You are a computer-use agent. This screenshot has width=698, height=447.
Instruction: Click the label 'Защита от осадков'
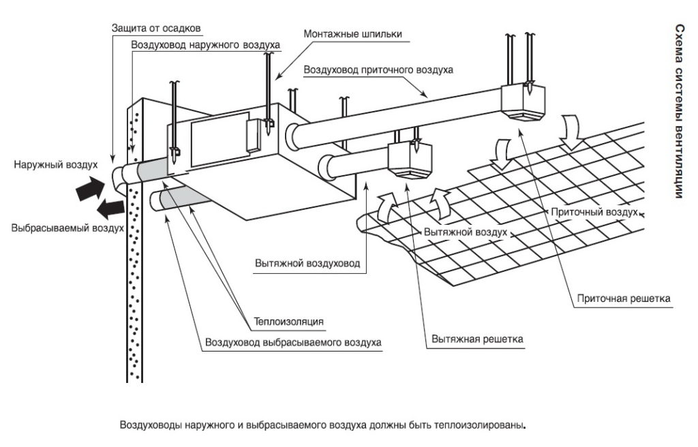pos(156,29)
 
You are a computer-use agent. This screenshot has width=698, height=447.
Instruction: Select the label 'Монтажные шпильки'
pos(352,34)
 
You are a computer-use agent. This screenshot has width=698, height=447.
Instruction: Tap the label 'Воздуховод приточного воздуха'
pos(378,70)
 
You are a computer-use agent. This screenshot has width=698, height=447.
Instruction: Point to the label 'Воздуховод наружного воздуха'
pos(206,46)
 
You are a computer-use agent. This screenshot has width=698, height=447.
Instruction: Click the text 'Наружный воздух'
pos(56,165)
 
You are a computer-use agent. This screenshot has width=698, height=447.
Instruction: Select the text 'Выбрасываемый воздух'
pos(67,228)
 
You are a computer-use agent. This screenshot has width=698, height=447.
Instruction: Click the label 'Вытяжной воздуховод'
pos(307,263)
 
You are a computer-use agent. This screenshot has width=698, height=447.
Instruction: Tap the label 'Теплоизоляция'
pos(288,322)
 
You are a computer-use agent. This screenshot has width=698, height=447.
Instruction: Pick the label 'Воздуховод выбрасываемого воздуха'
pos(293,343)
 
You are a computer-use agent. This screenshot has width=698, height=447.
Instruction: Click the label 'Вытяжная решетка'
pos(477,339)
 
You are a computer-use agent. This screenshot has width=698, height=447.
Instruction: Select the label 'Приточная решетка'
pos(624,298)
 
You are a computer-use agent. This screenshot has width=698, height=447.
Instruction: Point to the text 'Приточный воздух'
pos(594,212)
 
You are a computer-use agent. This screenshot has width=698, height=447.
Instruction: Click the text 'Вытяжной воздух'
pos(465,232)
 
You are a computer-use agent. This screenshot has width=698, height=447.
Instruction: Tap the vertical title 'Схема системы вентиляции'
pos(680,111)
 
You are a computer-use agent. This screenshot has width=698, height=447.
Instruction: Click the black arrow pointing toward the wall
pos(91,188)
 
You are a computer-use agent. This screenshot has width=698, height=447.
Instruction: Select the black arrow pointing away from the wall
pos(110,209)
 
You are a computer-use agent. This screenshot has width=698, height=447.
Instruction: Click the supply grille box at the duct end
pos(523,102)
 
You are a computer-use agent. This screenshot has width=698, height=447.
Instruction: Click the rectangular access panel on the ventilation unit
pos(220,140)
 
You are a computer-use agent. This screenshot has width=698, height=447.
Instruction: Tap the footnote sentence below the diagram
pos(322,425)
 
